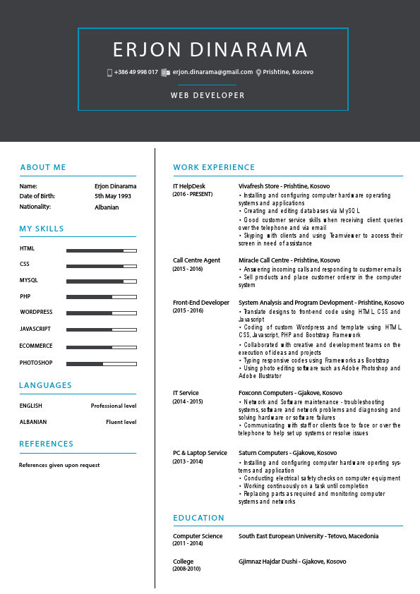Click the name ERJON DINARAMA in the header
[x=210, y=50]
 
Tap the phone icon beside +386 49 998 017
[x=109, y=73]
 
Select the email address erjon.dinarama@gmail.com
[x=212, y=72]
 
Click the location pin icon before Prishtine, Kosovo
[x=259, y=73]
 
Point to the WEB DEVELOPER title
[x=208, y=95]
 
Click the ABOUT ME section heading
[x=43, y=167]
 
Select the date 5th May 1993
[x=113, y=196]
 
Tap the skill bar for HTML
[x=101, y=250]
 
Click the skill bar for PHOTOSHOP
[x=101, y=364]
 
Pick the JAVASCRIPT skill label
[x=35, y=329]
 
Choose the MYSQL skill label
[x=29, y=281]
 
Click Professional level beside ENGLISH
[x=113, y=406]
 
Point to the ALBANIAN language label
[x=33, y=422]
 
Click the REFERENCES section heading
[x=47, y=444]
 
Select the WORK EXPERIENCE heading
[x=214, y=167]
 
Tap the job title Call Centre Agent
[x=196, y=260]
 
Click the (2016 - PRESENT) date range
[x=193, y=194]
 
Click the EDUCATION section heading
[x=199, y=518]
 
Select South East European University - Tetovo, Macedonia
[x=308, y=536]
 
